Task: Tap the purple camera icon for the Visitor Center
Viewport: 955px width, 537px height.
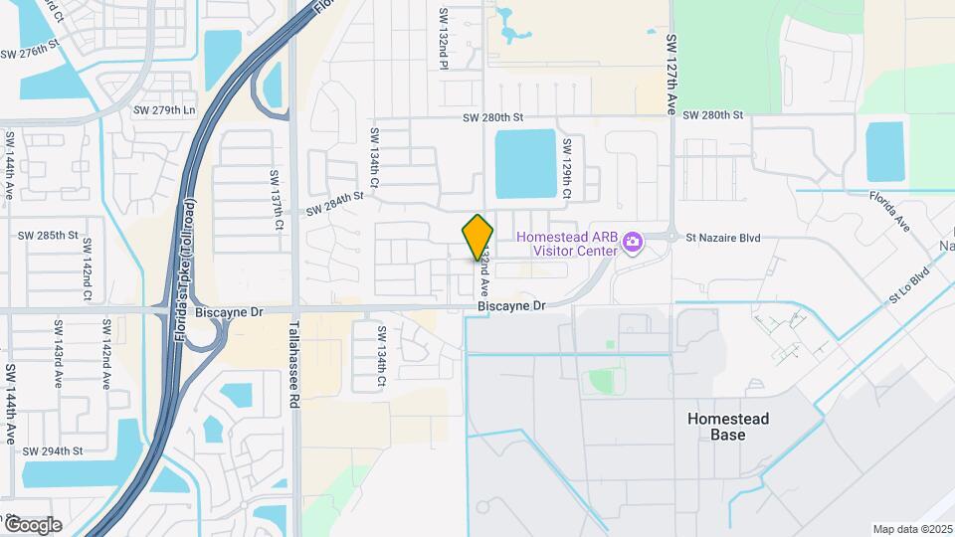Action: point(630,244)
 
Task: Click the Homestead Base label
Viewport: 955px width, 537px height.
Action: point(728,427)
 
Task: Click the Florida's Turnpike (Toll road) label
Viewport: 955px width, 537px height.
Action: point(185,269)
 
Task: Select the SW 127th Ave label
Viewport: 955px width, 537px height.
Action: point(671,75)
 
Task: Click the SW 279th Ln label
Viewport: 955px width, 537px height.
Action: point(164,109)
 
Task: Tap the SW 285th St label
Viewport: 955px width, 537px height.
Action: point(48,236)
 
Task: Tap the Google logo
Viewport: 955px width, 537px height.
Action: point(32,524)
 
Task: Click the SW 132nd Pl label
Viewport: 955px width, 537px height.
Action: point(444,40)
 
